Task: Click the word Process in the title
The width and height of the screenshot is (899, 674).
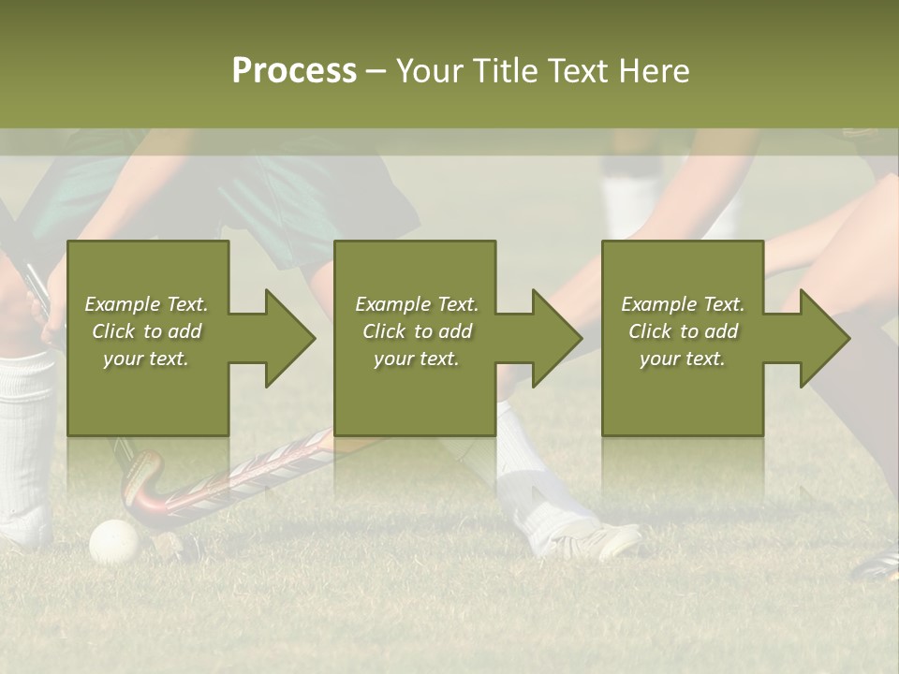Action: tap(294, 71)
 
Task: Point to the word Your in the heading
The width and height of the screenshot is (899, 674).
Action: tap(429, 71)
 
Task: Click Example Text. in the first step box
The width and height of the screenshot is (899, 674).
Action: tap(147, 304)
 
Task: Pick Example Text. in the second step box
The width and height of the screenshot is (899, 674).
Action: tap(417, 304)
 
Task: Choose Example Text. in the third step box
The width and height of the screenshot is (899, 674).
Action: tap(683, 304)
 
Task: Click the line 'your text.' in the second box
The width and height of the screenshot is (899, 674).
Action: tap(417, 359)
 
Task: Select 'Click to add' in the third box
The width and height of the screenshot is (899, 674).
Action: tap(683, 331)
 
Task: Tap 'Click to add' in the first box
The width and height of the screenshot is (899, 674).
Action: tap(147, 331)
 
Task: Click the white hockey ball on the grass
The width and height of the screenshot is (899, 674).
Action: tap(113, 541)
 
